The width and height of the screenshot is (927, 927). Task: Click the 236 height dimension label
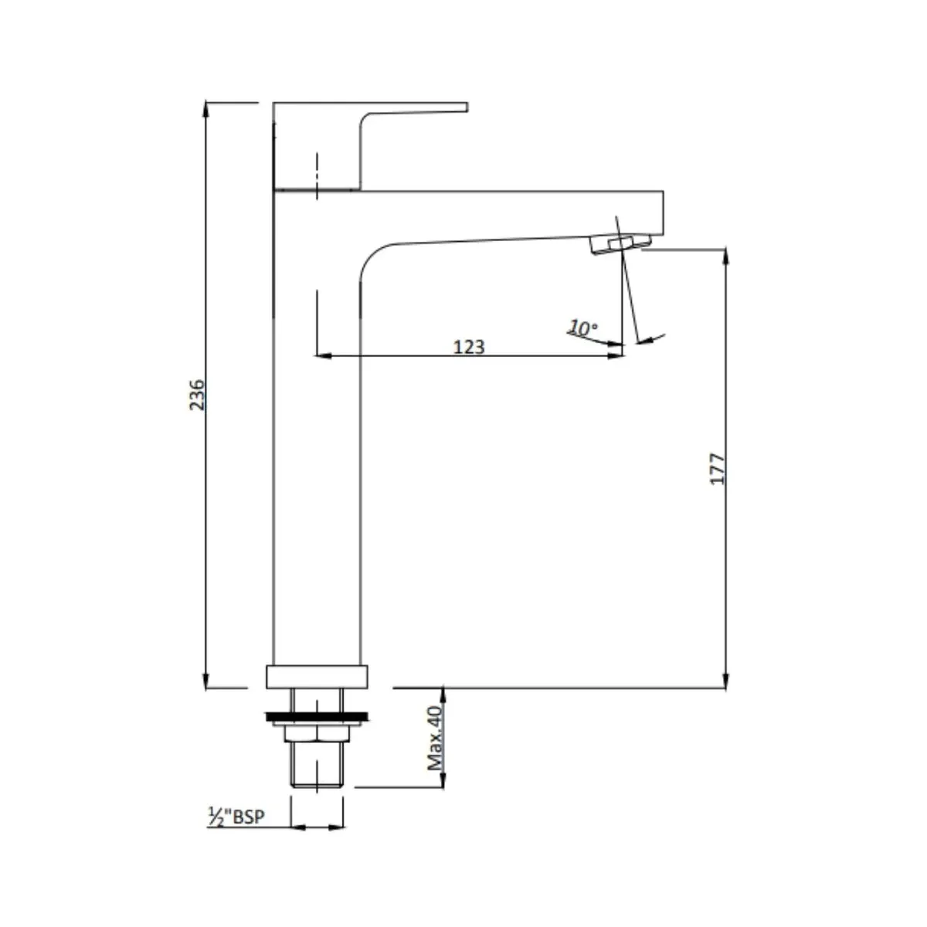(196, 395)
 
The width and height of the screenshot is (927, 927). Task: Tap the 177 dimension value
(717, 469)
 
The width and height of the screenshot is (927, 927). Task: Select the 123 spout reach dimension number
(469, 347)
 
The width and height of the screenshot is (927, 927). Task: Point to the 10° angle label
(583, 328)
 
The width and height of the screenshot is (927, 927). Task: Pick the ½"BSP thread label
(236, 817)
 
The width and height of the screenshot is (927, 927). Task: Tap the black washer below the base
(317, 717)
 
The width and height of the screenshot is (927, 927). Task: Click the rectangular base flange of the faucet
(317, 677)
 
